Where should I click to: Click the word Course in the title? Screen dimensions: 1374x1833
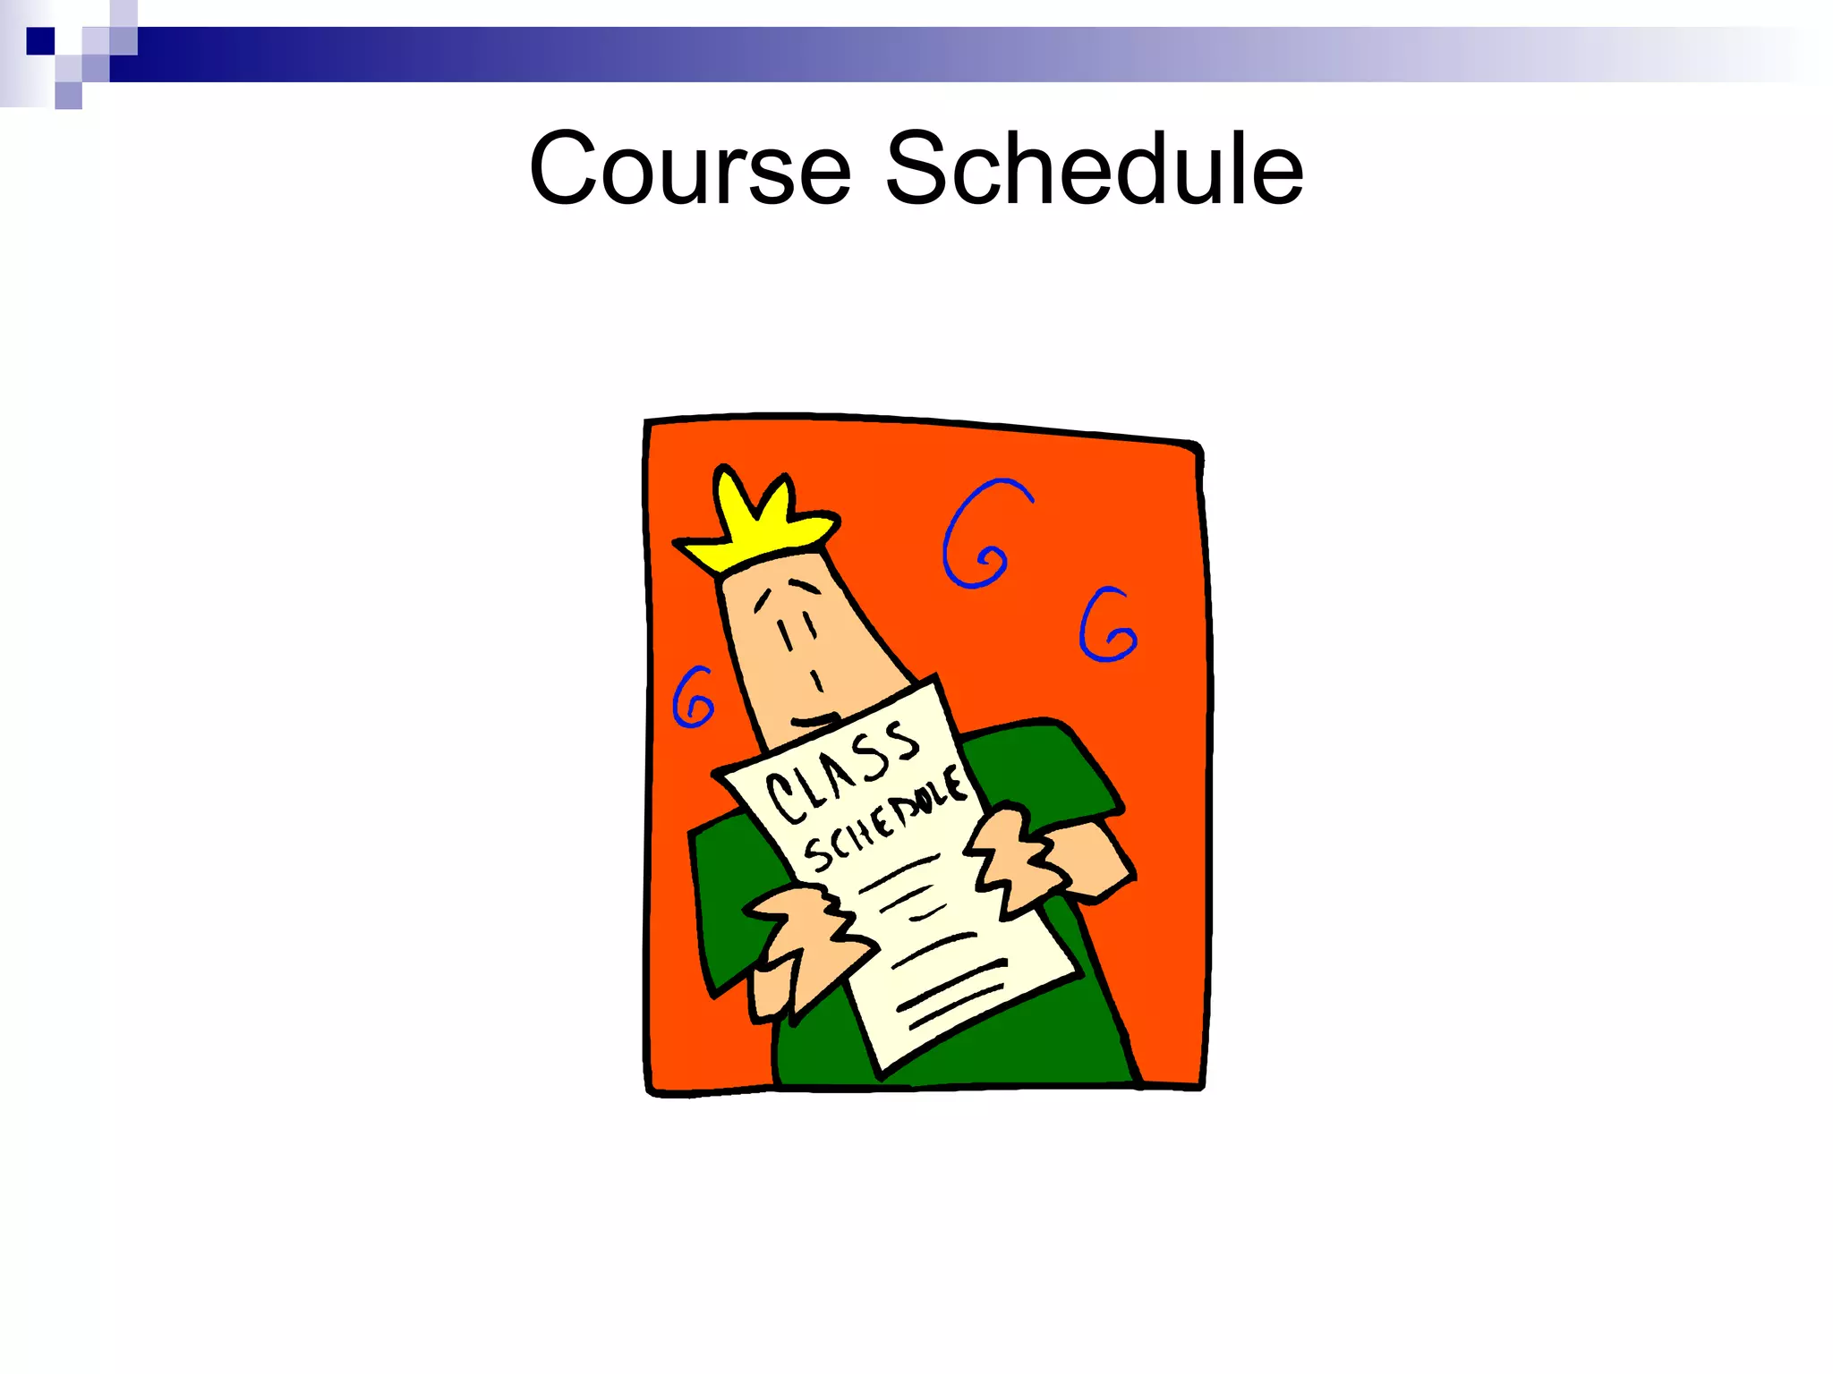[689, 168]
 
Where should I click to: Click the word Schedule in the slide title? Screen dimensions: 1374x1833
[1094, 168]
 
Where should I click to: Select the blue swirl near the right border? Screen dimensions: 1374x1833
[1107, 626]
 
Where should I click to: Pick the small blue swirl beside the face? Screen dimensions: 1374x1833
[694, 698]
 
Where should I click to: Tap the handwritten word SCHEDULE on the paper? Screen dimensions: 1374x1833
[884, 818]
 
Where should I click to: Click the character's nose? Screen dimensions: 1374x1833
[816, 682]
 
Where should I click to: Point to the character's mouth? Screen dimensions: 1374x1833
[814, 720]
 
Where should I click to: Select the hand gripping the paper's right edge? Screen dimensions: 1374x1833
[1016, 859]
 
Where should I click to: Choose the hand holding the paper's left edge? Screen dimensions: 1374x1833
[801, 939]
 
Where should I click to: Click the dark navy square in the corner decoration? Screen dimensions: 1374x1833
[40, 41]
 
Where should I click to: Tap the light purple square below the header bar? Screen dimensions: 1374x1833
[68, 95]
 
